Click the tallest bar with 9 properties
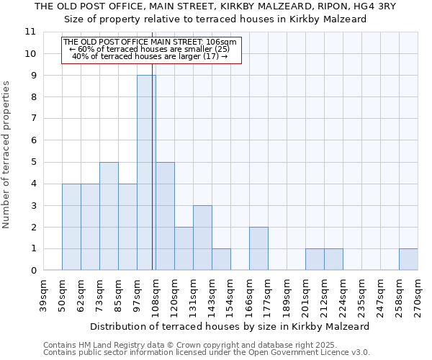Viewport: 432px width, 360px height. pyautogui.click(x=146, y=173)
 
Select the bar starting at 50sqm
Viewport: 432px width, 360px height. pyautogui.click(x=71, y=227)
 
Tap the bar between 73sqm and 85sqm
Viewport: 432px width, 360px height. pyautogui.click(x=109, y=216)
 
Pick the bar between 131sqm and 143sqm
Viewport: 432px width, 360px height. pyautogui.click(x=202, y=238)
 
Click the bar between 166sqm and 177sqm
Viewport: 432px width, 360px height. pyautogui.click(x=258, y=248)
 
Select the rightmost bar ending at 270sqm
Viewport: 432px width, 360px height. pyautogui.click(x=408, y=259)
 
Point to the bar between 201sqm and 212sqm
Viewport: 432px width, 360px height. pyautogui.click(x=315, y=259)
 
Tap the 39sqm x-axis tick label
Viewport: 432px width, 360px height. pyautogui.click(x=44, y=295)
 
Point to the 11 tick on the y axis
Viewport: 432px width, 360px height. pyautogui.click(x=30, y=32)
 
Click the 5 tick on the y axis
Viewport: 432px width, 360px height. pyautogui.click(x=32, y=162)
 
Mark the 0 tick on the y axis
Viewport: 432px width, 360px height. pyautogui.click(x=32, y=271)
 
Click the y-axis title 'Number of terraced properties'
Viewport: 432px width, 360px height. pyautogui.click(x=7, y=155)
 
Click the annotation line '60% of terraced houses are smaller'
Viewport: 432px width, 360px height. pyautogui.click(x=150, y=49)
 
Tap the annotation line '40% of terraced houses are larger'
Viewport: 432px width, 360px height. pyautogui.click(x=150, y=56)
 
